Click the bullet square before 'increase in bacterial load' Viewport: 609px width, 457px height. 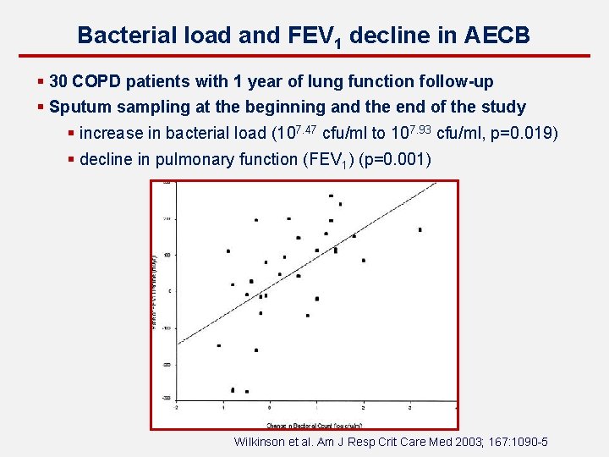(72, 133)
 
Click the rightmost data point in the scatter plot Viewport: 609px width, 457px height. (420, 229)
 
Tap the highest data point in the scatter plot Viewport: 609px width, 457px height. (331, 195)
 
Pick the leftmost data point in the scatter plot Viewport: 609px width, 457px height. (219, 345)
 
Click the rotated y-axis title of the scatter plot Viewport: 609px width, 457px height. (154, 292)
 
